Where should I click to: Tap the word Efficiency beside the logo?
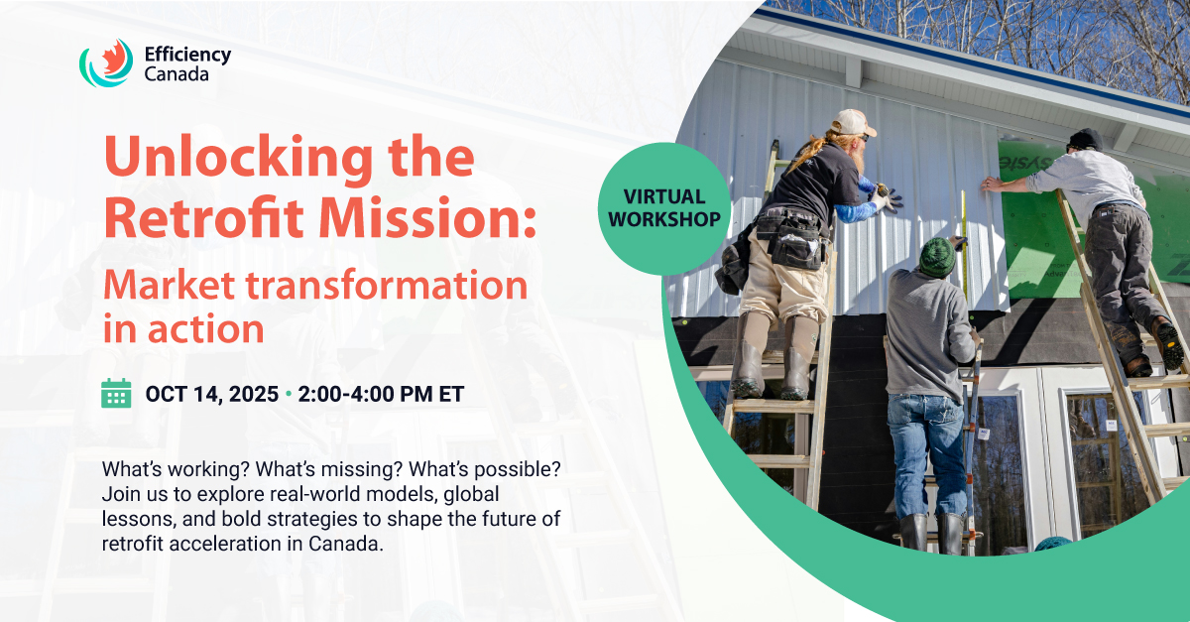187,55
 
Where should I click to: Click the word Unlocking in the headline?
239,158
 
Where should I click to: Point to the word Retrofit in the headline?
203,217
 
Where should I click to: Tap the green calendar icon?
116,393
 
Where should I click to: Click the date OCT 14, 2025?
212,395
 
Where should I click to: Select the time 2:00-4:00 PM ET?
381,395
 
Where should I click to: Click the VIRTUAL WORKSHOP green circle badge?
664,208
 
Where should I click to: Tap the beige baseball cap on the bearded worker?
853,122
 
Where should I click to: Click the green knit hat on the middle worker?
938,257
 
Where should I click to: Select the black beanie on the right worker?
1085,139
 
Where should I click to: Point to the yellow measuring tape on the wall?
964,242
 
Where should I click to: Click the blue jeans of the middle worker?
925,453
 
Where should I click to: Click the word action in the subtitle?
205,329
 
